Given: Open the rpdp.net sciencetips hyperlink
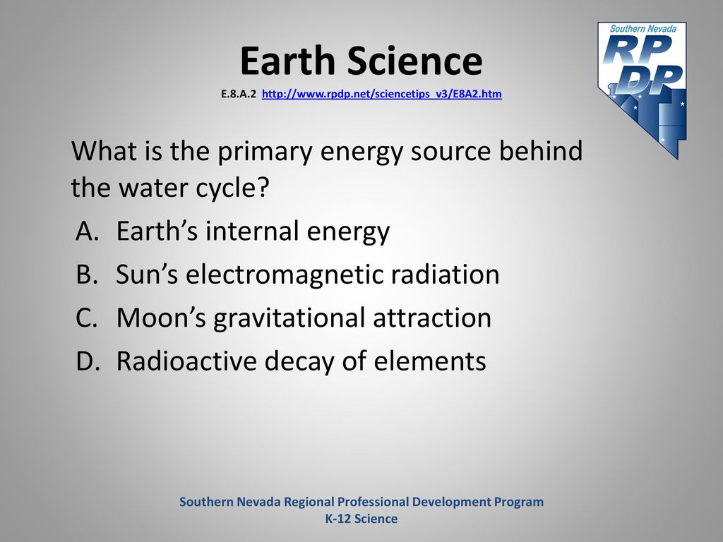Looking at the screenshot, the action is coord(382,94).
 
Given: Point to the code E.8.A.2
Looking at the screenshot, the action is coord(239,94).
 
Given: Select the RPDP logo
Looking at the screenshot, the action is coord(643,90).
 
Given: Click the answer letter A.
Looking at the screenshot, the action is coord(88,231).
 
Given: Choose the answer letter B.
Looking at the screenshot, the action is coord(87,274).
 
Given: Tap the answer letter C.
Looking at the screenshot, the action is coord(87,318).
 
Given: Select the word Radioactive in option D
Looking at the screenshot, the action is coord(186,361).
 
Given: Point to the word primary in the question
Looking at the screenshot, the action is coord(265,151).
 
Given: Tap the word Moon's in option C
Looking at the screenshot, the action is coord(161,318).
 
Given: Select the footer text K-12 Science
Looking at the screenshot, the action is coord(361,519).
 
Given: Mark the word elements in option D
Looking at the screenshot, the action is coord(430,361).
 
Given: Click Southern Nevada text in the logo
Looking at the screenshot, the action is coord(643,28).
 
